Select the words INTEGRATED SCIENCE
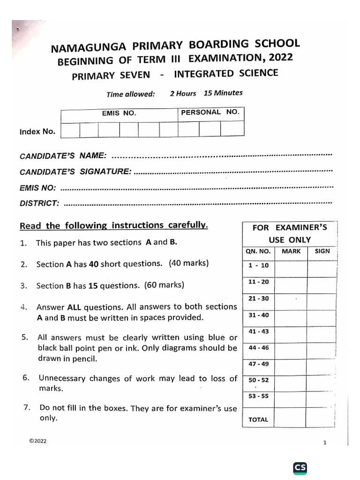point(226,73)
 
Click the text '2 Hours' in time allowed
point(183,93)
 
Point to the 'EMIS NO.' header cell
point(119,113)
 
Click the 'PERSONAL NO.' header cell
point(210,112)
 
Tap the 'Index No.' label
point(37,132)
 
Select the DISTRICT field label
point(39,203)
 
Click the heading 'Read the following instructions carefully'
point(113,226)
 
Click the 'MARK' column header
point(291,251)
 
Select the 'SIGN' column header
point(322,251)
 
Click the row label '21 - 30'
point(258,299)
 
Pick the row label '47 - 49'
point(258,364)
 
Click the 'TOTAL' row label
point(258,420)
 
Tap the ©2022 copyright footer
point(37,442)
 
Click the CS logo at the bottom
point(300,468)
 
